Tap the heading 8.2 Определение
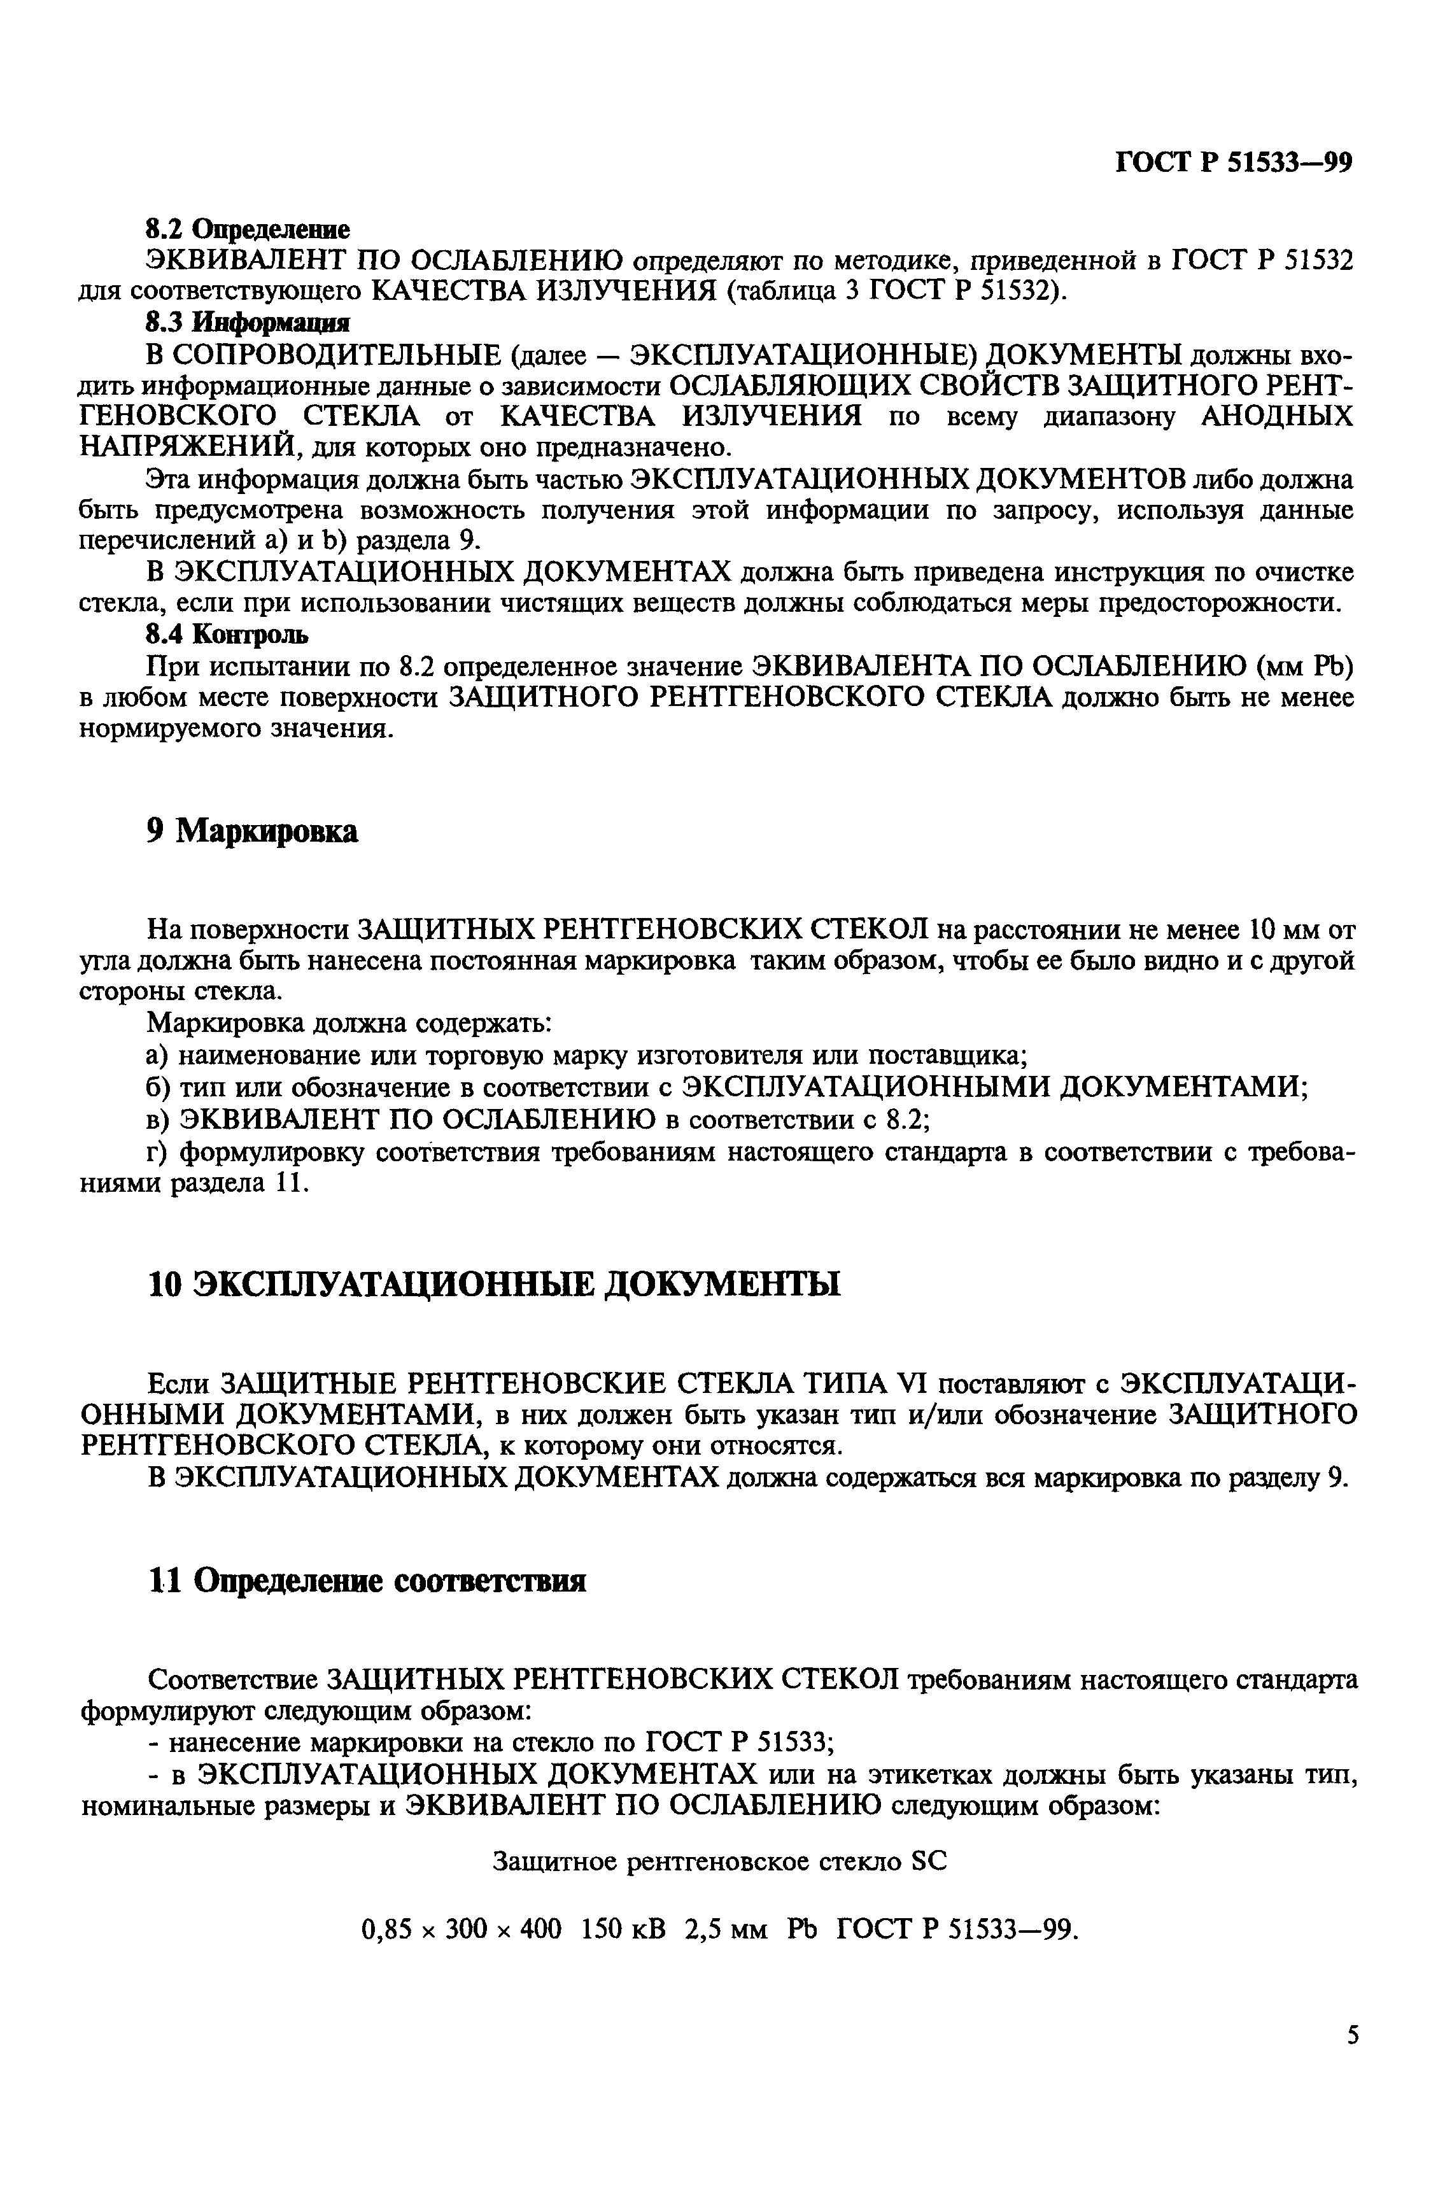click(248, 228)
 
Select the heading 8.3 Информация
click(248, 323)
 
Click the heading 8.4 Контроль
click(227, 634)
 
